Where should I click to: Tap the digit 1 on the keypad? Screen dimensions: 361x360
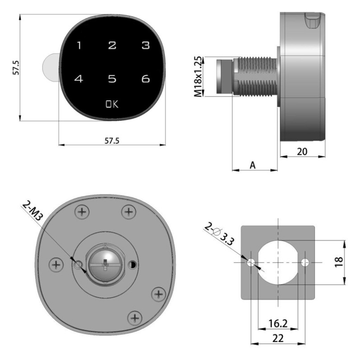[79, 45]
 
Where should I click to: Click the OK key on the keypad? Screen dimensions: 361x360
[112, 104]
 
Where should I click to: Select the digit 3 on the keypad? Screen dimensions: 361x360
[146, 45]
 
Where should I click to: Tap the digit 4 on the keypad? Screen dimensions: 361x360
[79, 79]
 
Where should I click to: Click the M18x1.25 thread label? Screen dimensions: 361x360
[198, 77]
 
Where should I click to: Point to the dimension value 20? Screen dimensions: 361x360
[302, 152]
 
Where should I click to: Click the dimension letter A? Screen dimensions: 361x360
[253, 165]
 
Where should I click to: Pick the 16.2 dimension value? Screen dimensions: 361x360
[278, 323]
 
